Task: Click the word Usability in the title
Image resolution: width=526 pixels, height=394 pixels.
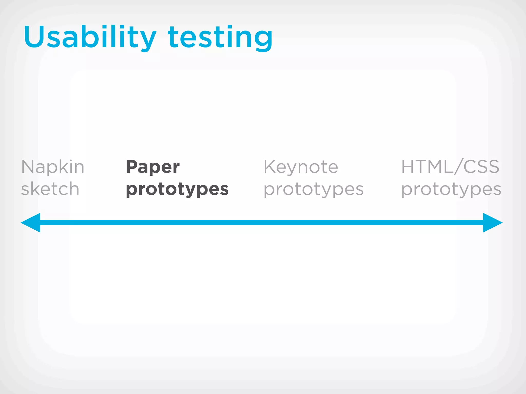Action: point(90,37)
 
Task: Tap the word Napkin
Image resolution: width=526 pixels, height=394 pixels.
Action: point(53,167)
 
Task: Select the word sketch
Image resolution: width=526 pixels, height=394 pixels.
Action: point(50,189)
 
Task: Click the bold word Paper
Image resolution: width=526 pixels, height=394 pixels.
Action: point(153,167)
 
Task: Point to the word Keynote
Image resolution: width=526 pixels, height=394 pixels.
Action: point(301,167)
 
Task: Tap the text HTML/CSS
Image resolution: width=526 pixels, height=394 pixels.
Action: point(450,166)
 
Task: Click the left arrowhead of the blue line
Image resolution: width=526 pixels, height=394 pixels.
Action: point(31,223)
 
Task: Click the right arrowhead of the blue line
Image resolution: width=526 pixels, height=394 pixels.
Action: point(492,223)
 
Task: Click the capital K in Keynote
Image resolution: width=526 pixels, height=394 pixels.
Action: point(270,167)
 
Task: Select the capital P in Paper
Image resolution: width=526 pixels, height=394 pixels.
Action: point(132,167)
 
